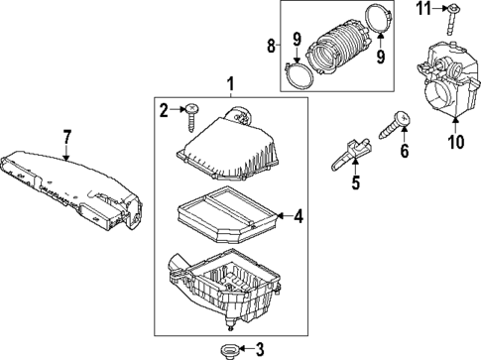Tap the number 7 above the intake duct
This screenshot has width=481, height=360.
pyautogui.click(x=65, y=135)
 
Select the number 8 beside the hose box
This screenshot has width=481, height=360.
pyautogui.click(x=270, y=45)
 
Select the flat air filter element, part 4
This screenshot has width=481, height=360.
pyautogui.click(x=223, y=217)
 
